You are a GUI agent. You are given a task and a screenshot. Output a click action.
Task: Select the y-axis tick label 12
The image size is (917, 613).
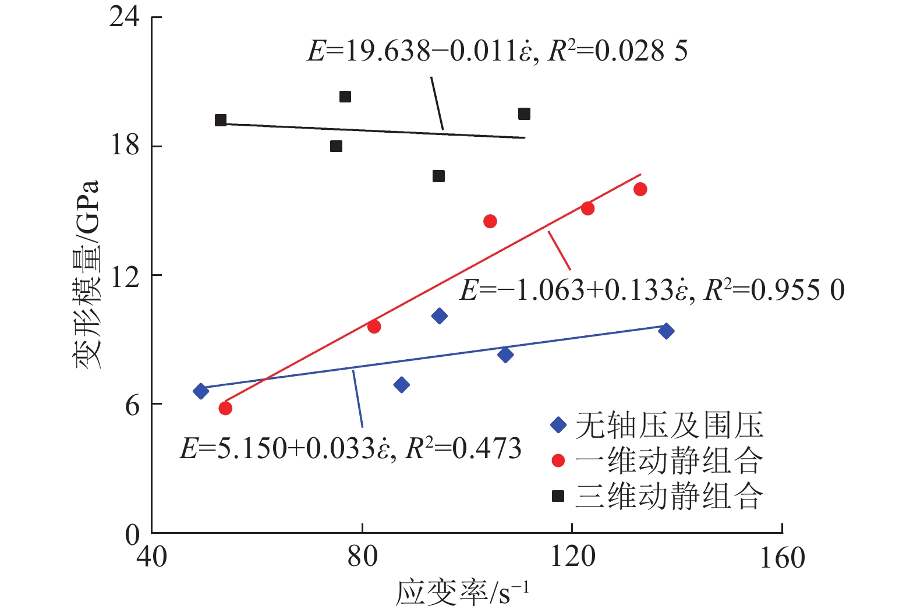click(125, 276)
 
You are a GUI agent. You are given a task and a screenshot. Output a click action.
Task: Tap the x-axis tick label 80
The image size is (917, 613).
click(362, 557)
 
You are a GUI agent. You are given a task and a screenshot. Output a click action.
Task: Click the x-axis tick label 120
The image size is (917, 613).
click(572, 557)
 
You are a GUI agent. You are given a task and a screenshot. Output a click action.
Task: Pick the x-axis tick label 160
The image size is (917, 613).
click(783, 557)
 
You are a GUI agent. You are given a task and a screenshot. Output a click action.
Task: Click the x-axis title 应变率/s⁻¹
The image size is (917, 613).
click(462, 593)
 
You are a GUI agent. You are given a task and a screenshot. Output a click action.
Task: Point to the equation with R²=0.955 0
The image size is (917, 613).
click(652, 290)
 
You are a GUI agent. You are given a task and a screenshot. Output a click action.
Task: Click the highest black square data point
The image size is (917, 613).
click(345, 97)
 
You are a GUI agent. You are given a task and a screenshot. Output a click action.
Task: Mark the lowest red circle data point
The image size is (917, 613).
click(225, 408)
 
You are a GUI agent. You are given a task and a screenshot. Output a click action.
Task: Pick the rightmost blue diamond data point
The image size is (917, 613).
click(666, 331)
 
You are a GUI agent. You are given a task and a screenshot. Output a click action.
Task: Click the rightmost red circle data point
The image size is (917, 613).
click(640, 189)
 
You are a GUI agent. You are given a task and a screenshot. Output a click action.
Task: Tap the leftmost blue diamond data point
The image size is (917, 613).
click(201, 391)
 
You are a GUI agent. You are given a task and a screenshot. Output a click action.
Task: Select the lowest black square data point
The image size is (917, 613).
click(439, 176)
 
